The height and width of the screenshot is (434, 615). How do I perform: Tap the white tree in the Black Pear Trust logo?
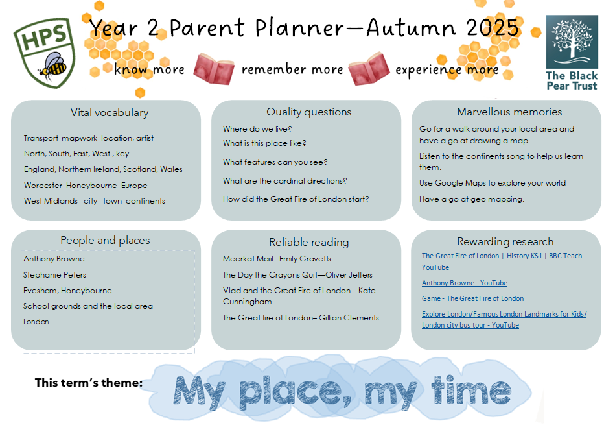[x=572, y=40]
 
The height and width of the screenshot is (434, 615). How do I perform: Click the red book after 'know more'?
[x=214, y=68]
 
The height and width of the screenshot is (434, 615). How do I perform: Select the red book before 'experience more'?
[x=369, y=69]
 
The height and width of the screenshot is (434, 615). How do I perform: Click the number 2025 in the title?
[x=493, y=27]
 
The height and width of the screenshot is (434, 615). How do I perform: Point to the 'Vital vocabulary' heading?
[x=110, y=113]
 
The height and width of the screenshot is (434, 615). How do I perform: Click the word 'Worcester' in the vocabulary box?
[x=43, y=186]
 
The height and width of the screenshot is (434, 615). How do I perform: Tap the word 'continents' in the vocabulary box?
[x=146, y=201]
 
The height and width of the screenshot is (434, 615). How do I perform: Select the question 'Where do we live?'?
[x=257, y=129]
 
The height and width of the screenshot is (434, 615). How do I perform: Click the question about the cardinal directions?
[x=284, y=180]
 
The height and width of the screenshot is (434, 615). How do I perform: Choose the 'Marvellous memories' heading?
[x=509, y=112]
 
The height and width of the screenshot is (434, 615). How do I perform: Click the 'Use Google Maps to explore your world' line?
[x=493, y=183]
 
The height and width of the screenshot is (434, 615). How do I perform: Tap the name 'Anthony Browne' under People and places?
[x=54, y=259]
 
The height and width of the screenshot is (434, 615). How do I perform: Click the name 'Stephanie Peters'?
[x=54, y=275]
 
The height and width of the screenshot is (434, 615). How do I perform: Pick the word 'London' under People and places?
[x=36, y=322]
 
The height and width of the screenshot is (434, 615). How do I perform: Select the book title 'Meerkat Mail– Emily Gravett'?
[x=277, y=259]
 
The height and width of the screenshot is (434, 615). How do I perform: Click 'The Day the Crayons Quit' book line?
[x=297, y=275]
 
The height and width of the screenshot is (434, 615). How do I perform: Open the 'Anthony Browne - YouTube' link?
[x=465, y=283]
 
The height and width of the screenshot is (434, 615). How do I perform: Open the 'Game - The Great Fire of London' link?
[x=472, y=298]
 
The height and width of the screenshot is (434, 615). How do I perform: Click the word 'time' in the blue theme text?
[x=471, y=391]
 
